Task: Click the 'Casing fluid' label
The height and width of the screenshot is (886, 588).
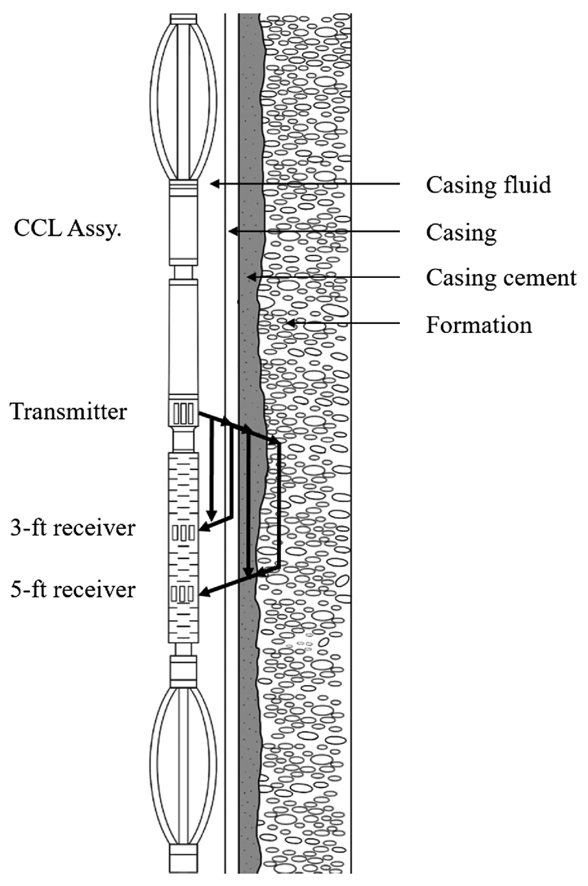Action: pyautogui.click(x=488, y=185)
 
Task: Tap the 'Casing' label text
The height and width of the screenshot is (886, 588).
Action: pyautogui.click(x=461, y=232)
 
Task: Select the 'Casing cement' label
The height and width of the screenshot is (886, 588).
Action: pyautogui.click(x=501, y=277)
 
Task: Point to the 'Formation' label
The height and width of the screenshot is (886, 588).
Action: pyautogui.click(x=478, y=325)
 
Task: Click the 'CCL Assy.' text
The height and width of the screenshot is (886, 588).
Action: pyautogui.click(x=67, y=229)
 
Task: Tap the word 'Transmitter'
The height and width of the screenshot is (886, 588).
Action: pyautogui.click(x=69, y=411)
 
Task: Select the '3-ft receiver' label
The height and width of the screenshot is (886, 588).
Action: pyautogui.click(x=73, y=528)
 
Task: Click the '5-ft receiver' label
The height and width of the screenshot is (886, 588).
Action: pyautogui.click(x=73, y=590)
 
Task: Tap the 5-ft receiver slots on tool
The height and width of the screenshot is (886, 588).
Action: pyautogui.click(x=183, y=593)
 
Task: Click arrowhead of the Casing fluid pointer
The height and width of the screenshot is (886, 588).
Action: pyautogui.click(x=214, y=183)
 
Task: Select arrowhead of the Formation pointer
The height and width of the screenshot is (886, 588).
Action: pyautogui.click(x=289, y=324)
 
